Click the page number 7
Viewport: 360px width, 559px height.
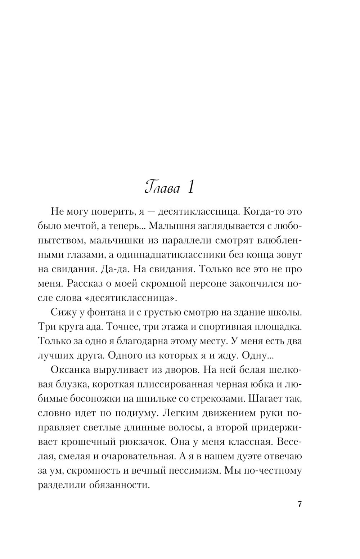pyautogui.click(x=300, y=504)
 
